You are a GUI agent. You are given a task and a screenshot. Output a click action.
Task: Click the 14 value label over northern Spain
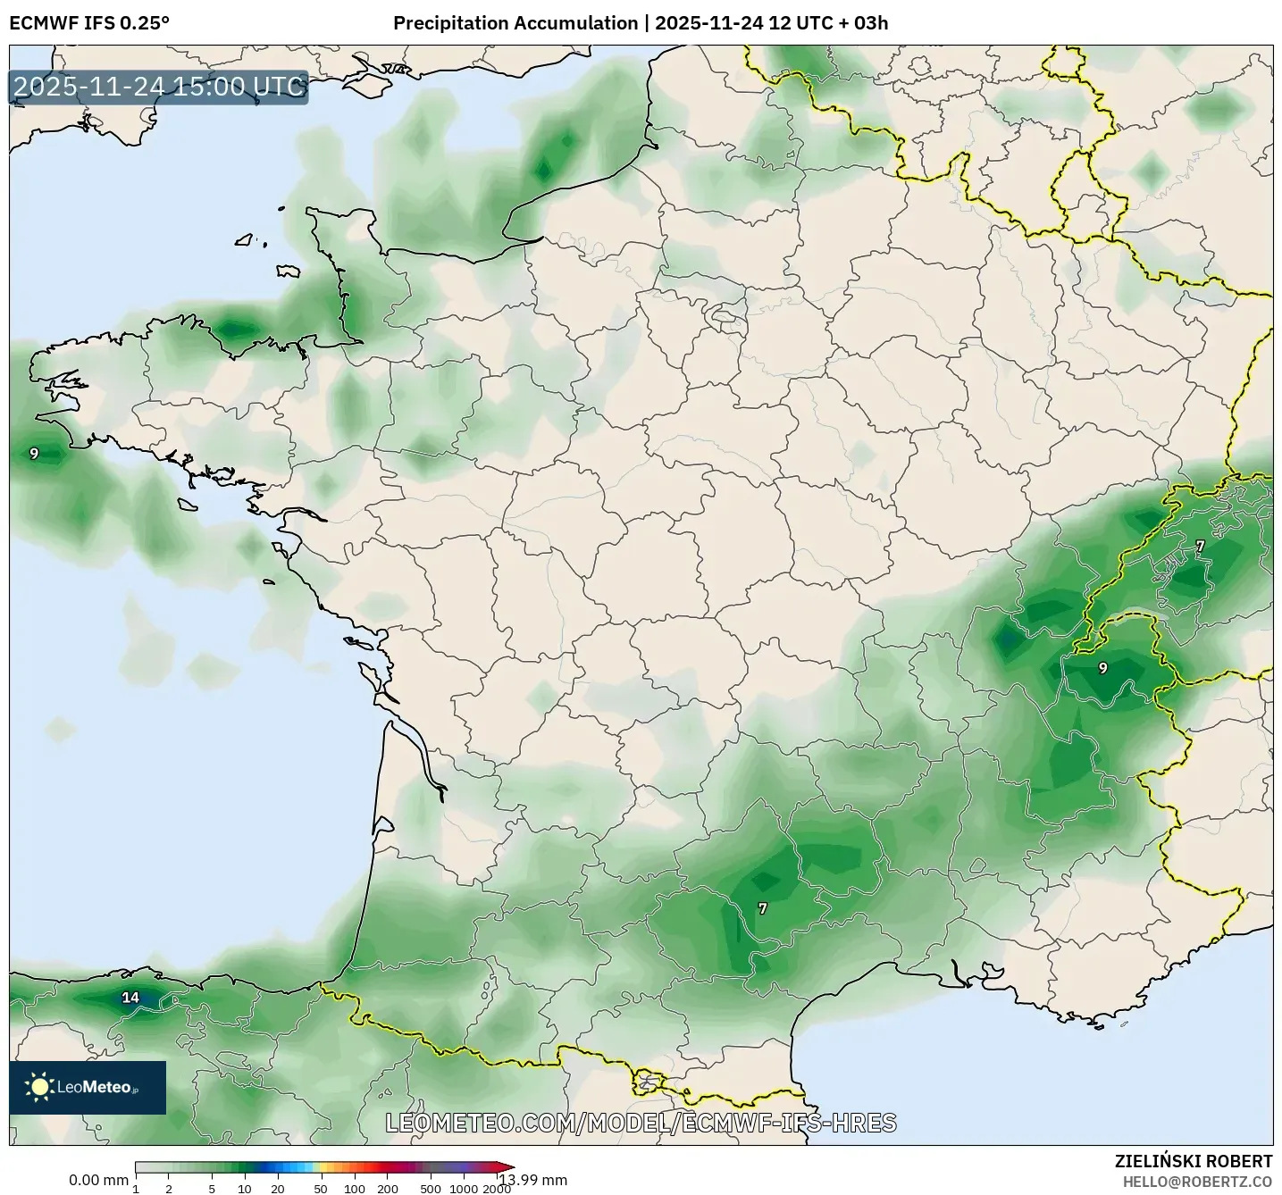pos(130,998)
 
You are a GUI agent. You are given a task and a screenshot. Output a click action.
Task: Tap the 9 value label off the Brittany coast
pos(34,454)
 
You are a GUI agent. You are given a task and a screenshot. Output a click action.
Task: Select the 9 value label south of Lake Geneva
pos(1102,668)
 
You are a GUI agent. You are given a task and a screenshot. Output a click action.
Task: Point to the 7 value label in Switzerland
pos(1200,546)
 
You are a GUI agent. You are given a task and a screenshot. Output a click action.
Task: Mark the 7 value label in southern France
pos(762,908)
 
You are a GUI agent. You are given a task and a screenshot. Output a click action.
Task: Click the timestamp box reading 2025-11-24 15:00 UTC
pos(159,87)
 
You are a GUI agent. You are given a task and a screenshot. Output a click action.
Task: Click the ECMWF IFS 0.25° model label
pos(89,23)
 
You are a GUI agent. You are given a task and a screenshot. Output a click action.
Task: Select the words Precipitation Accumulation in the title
pos(515,23)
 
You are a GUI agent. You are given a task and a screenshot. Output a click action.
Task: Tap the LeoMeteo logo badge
pos(88,1087)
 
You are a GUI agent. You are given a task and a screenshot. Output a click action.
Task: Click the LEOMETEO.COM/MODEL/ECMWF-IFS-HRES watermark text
pos(641,1123)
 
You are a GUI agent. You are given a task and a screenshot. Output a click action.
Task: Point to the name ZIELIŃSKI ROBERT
pos(1194,1161)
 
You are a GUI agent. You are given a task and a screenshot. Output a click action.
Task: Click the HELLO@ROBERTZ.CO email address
pos(1197,1182)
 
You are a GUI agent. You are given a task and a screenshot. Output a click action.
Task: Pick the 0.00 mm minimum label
pos(98,1180)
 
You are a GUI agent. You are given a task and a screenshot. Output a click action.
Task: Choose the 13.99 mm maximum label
pos(533,1180)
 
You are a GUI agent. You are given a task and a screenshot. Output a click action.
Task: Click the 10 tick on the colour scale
pos(245,1189)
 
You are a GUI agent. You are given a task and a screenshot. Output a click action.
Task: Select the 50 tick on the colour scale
pos(321,1189)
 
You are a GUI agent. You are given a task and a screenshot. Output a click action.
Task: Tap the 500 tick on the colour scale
pos(431,1189)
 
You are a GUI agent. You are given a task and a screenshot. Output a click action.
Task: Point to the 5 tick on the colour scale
pos(212,1189)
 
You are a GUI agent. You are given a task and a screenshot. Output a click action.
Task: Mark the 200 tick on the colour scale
pos(388,1189)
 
